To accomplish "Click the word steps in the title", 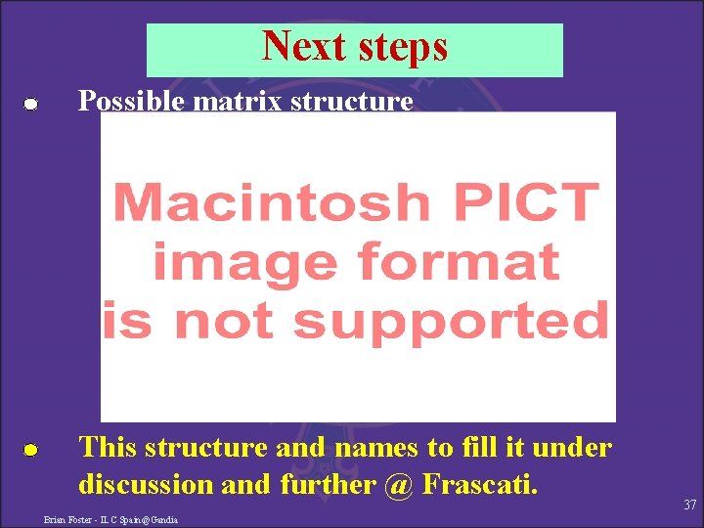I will pyautogui.click(x=401, y=46).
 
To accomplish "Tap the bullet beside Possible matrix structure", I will pyautogui.click(x=31, y=103).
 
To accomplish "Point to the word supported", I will pyautogui.click(x=452, y=322).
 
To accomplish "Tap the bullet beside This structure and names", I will pyautogui.click(x=31, y=450).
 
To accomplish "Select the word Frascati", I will pyautogui.click(x=480, y=483).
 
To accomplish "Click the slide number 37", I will pyautogui.click(x=690, y=505).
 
